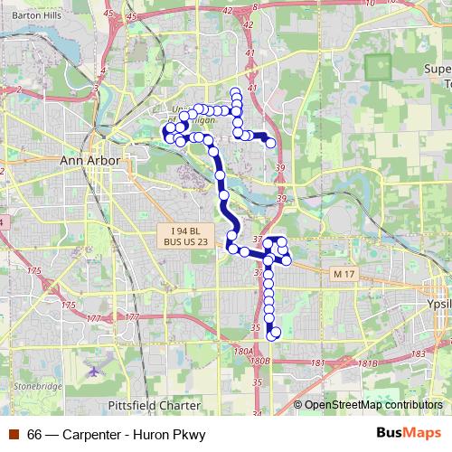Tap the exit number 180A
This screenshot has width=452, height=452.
[241, 351]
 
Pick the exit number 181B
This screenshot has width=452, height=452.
[368, 363]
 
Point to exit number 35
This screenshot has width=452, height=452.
[256, 328]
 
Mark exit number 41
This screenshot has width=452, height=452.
[251, 88]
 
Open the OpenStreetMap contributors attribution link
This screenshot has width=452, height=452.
[372, 406]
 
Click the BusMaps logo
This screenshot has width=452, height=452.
[417, 434]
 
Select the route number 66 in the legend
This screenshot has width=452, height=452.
[34, 435]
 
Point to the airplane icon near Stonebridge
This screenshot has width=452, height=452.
[95, 371]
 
